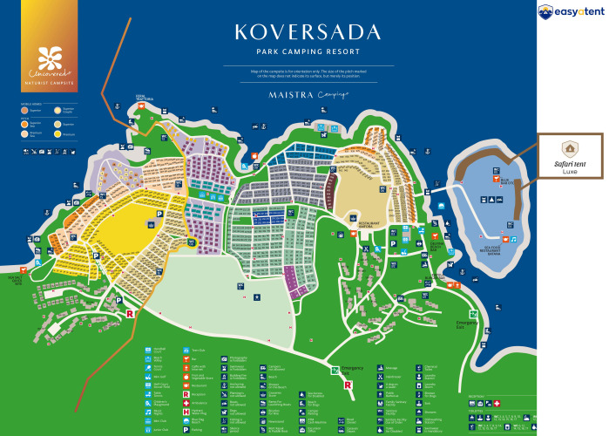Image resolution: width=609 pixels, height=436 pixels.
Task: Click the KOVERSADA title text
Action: (307, 34)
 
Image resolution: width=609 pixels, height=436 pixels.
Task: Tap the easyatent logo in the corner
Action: (571, 11)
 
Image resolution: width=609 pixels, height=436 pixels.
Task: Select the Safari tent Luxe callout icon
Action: (570, 148)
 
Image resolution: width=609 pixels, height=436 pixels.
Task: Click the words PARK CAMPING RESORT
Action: (307, 54)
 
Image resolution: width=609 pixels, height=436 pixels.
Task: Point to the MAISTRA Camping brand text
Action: (307, 93)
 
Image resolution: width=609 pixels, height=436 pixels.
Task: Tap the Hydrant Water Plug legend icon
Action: (186, 412)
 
